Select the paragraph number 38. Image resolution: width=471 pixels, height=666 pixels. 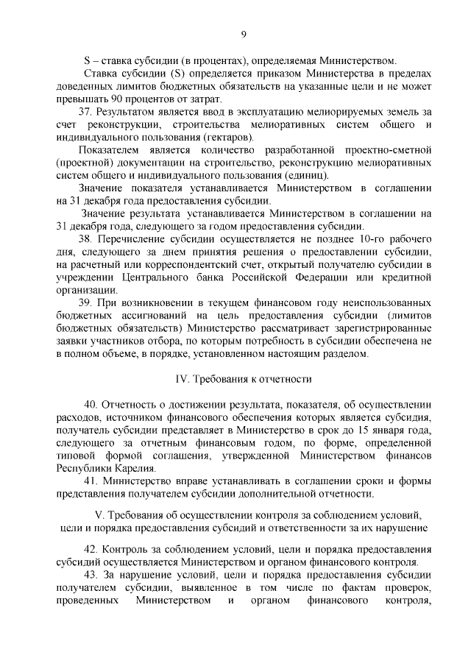pos(86,239)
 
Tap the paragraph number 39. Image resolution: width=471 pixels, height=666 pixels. pos(86,302)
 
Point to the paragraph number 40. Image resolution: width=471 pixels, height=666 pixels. pos(92,405)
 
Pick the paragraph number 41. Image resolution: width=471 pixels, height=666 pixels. pos(92,481)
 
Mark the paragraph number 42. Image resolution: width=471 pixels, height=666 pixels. pos(92,550)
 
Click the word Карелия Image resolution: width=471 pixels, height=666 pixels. pos(132,468)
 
